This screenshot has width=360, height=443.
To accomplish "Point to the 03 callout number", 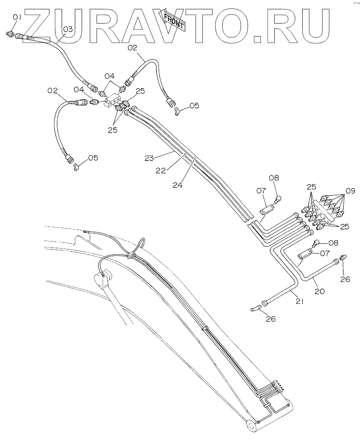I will (67, 29).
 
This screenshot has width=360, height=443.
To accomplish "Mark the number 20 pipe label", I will (320, 292).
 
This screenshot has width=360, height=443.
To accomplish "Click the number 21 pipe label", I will (299, 302).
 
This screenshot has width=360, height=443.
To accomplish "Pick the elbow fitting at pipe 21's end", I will (254, 307).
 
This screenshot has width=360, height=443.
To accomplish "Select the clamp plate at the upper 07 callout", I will (267, 207).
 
